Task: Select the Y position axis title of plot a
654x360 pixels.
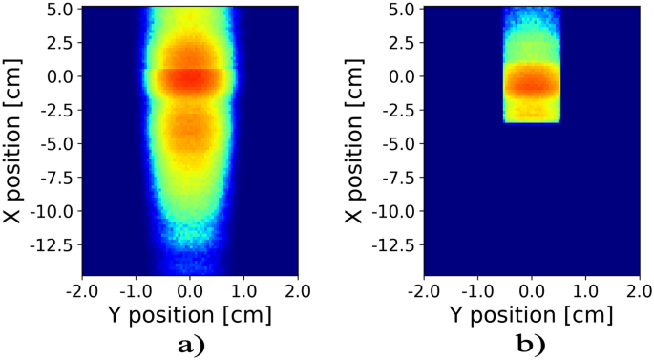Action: [x=190, y=313]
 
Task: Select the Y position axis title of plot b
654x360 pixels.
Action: [x=532, y=313]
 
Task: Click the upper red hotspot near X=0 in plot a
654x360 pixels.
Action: [x=190, y=76]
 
